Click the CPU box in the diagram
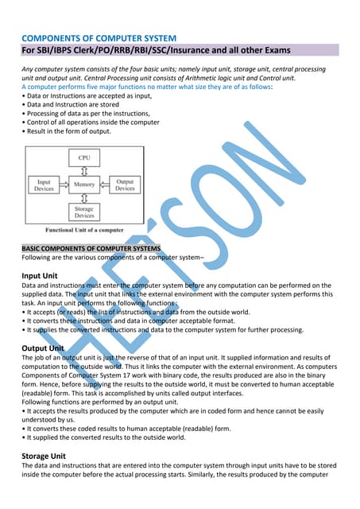click(84, 159)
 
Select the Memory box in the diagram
click(84, 185)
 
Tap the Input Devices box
click(44, 185)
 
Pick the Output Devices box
click(125, 185)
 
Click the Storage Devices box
click(84, 211)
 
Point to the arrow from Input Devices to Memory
click(64, 185)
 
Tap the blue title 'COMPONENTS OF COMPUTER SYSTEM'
click(98, 38)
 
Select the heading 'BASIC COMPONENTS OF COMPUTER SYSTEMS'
click(91, 248)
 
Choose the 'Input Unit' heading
click(39, 276)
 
